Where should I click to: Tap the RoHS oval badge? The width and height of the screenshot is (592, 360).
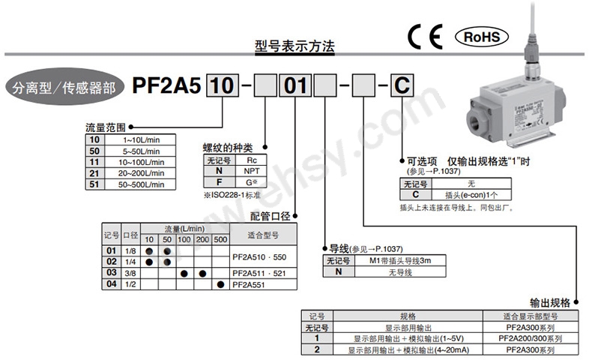pyautogui.click(x=481, y=36)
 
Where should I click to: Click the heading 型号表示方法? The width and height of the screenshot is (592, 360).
pyautogui.click(x=294, y=46)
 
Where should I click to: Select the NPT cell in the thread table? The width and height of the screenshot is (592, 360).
pyautogui.click(x=252, y=170)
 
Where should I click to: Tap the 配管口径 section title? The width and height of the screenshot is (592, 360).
pyautogui.click(x=271, y=216)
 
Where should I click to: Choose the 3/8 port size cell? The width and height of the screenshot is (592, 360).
pyautogui.click(x=131, y=272)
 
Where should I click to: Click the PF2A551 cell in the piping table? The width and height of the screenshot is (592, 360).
pyautogui.click(x=251, y=284)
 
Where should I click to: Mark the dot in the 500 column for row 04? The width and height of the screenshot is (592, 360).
pyautogui.click(x=220, y=284)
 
